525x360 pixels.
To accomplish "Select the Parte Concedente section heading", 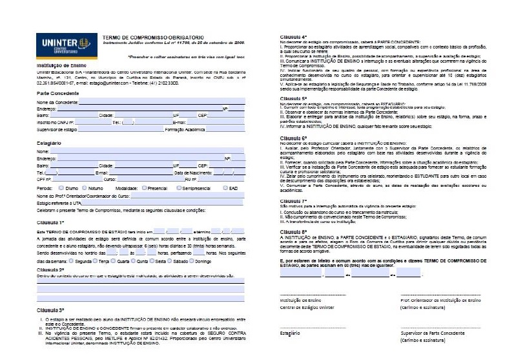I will point(57,92).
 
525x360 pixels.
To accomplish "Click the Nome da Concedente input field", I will point(161,102).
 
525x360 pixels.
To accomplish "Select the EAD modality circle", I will point(225,188).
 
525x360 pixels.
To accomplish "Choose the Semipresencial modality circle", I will point(180,188).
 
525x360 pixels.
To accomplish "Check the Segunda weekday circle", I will point(71,261).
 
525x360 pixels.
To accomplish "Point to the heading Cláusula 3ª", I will point(51,310).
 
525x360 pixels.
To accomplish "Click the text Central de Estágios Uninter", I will point(307,307).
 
